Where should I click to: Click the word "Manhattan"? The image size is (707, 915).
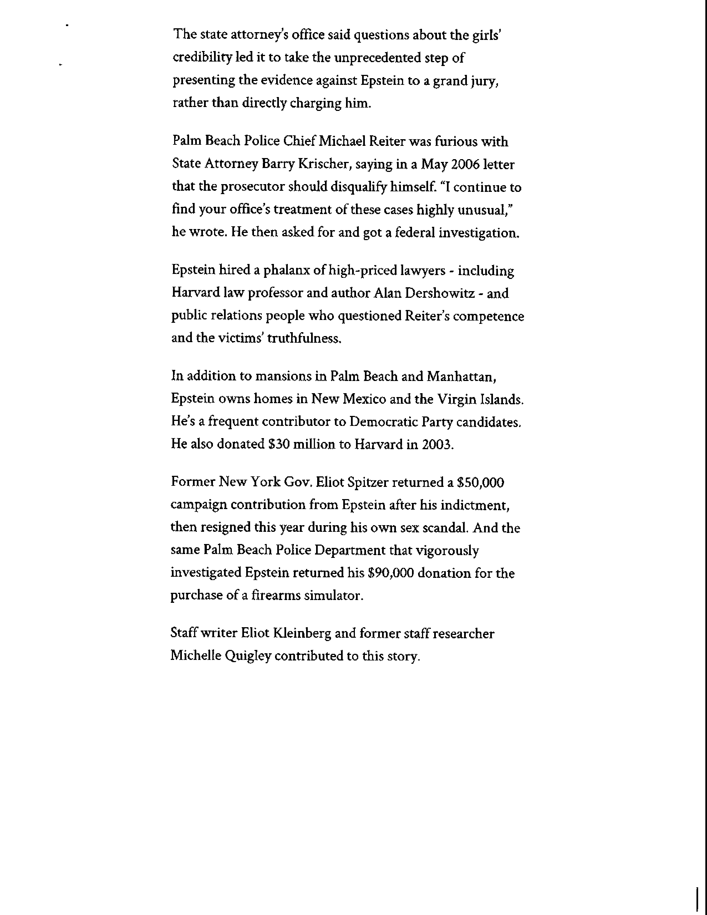coord(461,377)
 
